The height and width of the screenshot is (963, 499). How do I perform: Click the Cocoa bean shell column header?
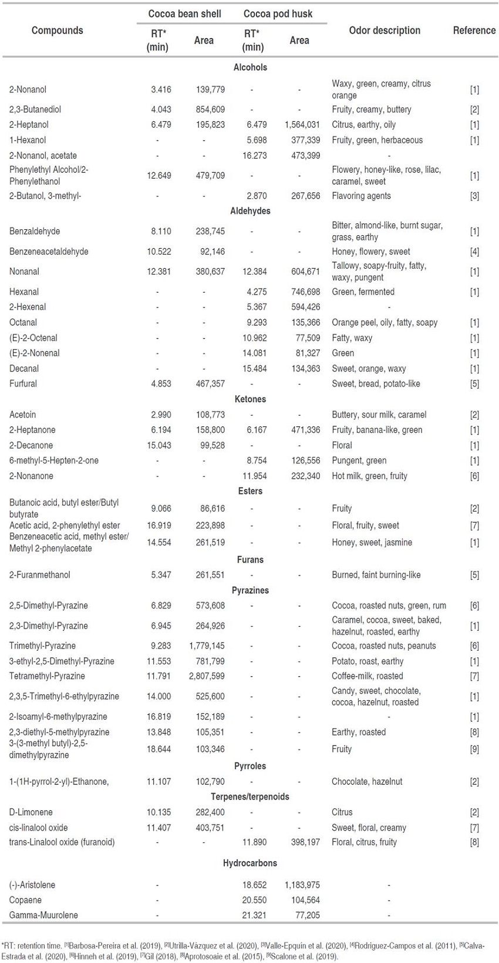point(184,14)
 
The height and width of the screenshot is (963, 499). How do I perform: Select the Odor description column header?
point(385,31)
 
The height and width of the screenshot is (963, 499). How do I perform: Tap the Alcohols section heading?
point(250,68)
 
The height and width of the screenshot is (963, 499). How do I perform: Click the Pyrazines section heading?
point(250,590)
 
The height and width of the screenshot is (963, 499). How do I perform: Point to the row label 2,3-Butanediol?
point(35,109)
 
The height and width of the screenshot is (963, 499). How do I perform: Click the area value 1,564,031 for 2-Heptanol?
point(302,125)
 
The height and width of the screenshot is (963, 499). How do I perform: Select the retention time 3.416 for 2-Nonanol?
point(161,89)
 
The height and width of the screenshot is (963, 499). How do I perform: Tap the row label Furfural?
point(23,384)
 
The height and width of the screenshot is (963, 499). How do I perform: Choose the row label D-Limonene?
point(31,812)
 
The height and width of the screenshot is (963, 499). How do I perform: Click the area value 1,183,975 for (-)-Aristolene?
point(302,885)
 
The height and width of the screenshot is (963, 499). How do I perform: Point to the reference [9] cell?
point(474,750)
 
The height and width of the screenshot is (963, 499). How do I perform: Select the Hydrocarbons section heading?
point(250,864)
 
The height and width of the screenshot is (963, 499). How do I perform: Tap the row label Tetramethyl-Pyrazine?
point(47,676)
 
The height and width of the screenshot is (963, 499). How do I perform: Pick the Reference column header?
point(474,31)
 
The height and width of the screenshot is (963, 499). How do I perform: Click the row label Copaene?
point(25,900)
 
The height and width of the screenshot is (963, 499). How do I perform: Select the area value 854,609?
point(210,109)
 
